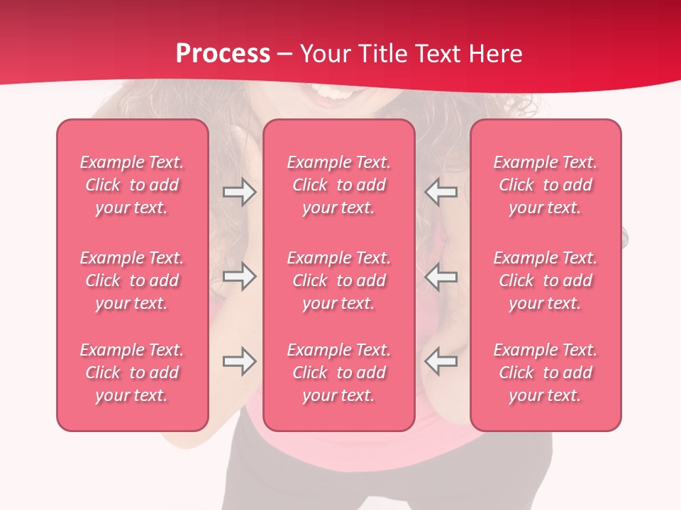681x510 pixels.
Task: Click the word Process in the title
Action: click(223, 54)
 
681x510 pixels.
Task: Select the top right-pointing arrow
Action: click(239, 192)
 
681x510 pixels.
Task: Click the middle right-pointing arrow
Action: click(239, 276)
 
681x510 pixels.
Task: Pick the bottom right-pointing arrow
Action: click(239, 361)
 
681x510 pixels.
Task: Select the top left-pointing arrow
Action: click(441, 192)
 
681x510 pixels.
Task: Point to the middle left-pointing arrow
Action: click(441, 276)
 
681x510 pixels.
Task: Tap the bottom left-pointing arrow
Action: click(441, 361)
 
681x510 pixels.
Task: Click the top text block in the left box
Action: click(132, 185)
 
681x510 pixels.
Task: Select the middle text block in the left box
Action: click(132, 280)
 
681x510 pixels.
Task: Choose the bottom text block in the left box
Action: click(132, 373)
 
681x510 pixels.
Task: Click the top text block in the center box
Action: click(339, 185)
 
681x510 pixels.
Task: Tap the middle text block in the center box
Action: click(339, 280)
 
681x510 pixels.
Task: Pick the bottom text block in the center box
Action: click(339, 373)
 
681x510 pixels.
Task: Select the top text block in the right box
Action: click(546, 185)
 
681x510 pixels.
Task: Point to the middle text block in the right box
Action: click(546, 280)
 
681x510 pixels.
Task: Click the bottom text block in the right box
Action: click(546, 373)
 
